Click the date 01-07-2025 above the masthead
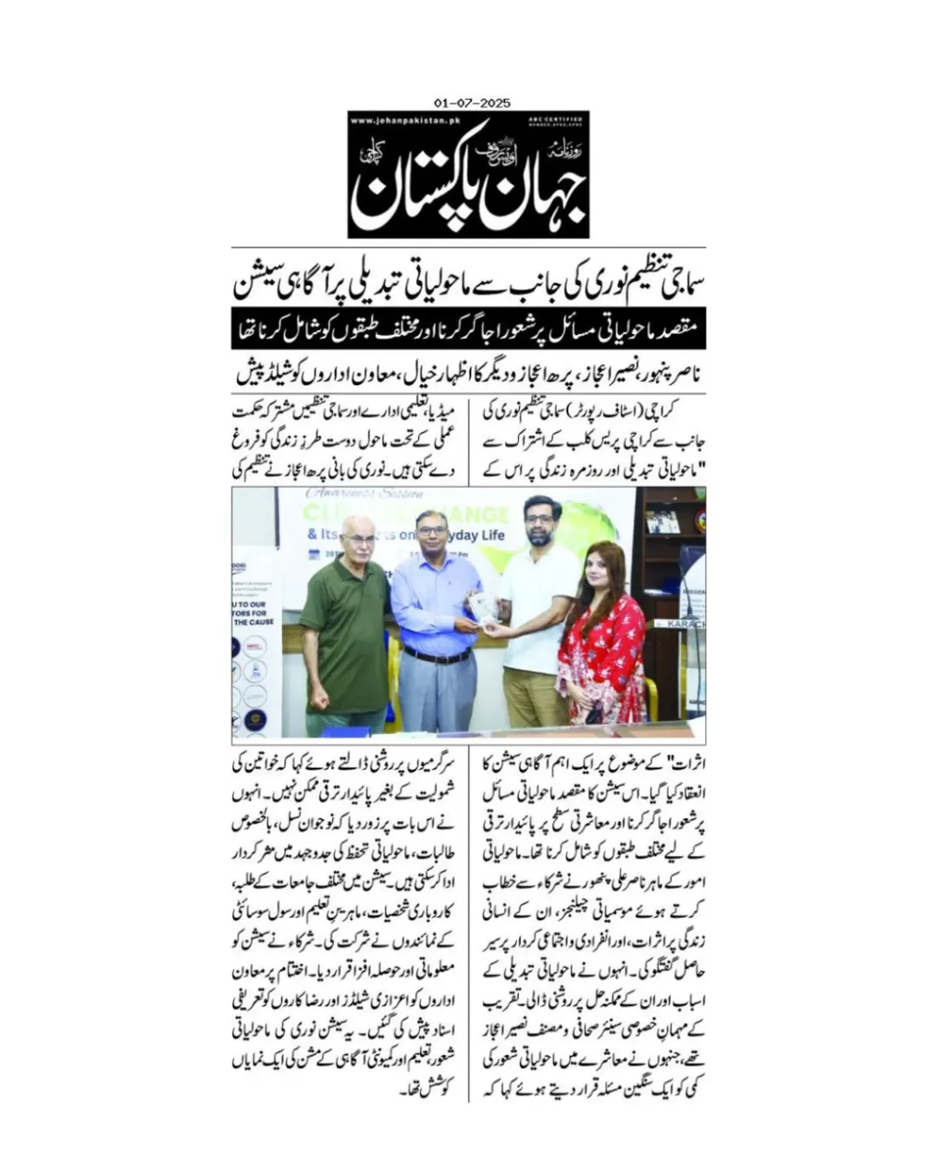coord(471,103)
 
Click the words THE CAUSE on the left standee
coord(255,622)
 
